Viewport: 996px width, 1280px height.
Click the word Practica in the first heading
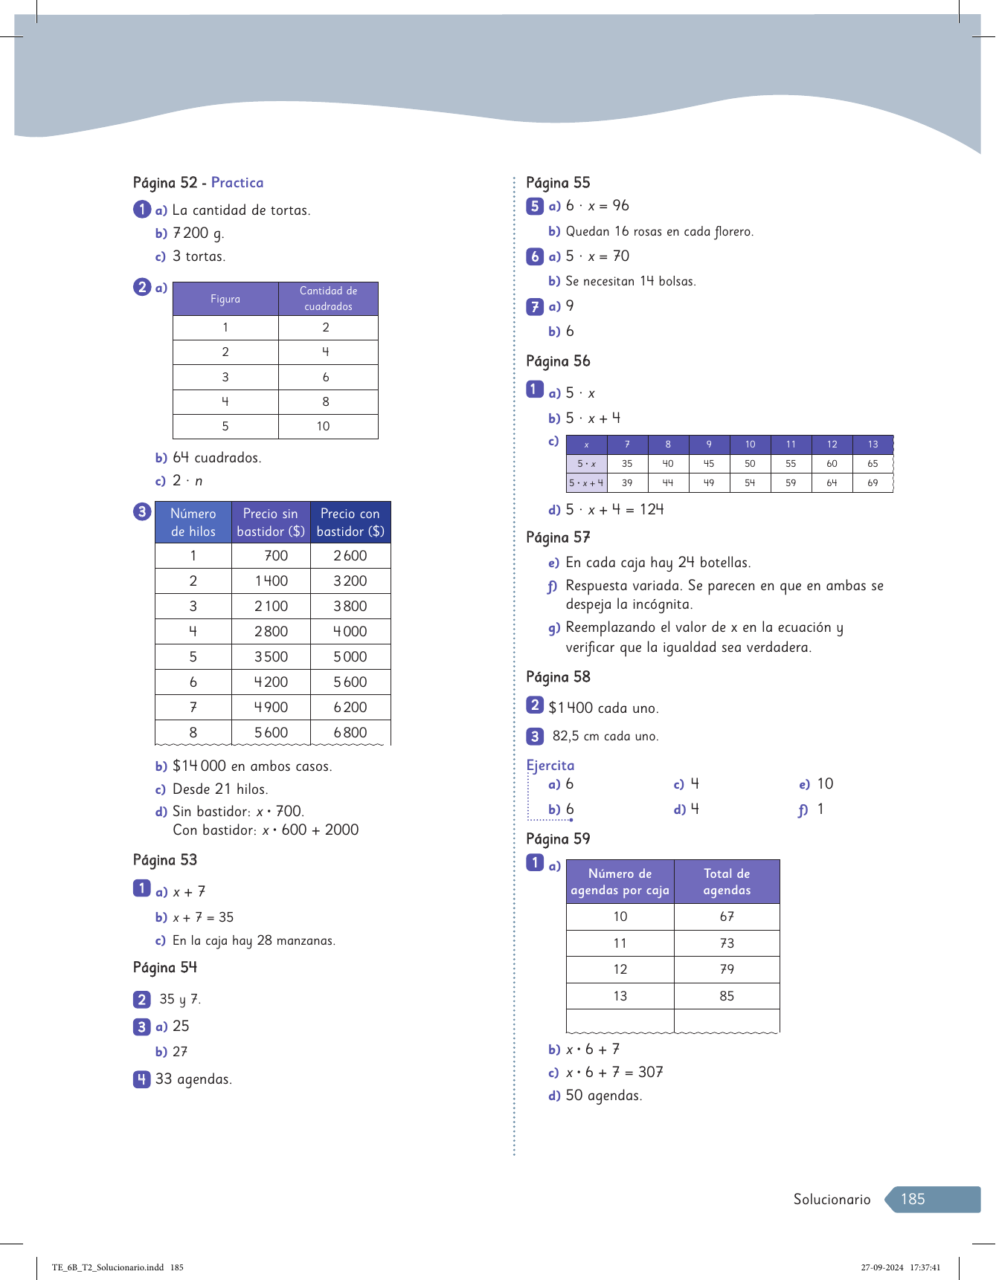pos(237,183)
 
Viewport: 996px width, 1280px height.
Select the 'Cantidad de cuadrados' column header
pos(328,299)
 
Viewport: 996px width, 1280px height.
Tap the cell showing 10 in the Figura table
pos(323,427)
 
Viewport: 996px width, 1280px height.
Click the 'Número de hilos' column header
pos(193,523)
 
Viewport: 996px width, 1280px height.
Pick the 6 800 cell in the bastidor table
pos(350,733)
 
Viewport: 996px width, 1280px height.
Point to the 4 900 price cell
pos(271,708)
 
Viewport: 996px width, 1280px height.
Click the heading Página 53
pos(165,860)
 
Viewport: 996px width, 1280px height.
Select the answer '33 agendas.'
pos(193,1079)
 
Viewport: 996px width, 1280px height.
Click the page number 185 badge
pos(913,1199)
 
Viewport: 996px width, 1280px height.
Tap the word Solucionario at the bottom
pos(832,1199)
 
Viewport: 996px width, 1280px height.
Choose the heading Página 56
pos(558,361)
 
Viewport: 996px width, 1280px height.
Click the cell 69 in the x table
pos(873,483)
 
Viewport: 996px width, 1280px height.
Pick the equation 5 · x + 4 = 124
pos(614,510)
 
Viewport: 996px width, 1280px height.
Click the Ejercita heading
pos(550,766)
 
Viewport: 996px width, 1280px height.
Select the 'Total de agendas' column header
pos(727,882)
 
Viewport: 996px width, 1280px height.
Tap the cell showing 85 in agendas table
pos(727,996)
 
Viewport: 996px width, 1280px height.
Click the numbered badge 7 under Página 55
pos(534,306)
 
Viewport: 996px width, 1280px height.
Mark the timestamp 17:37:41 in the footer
pos(925,1267)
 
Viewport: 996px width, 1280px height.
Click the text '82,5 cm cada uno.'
pos(605,737)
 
